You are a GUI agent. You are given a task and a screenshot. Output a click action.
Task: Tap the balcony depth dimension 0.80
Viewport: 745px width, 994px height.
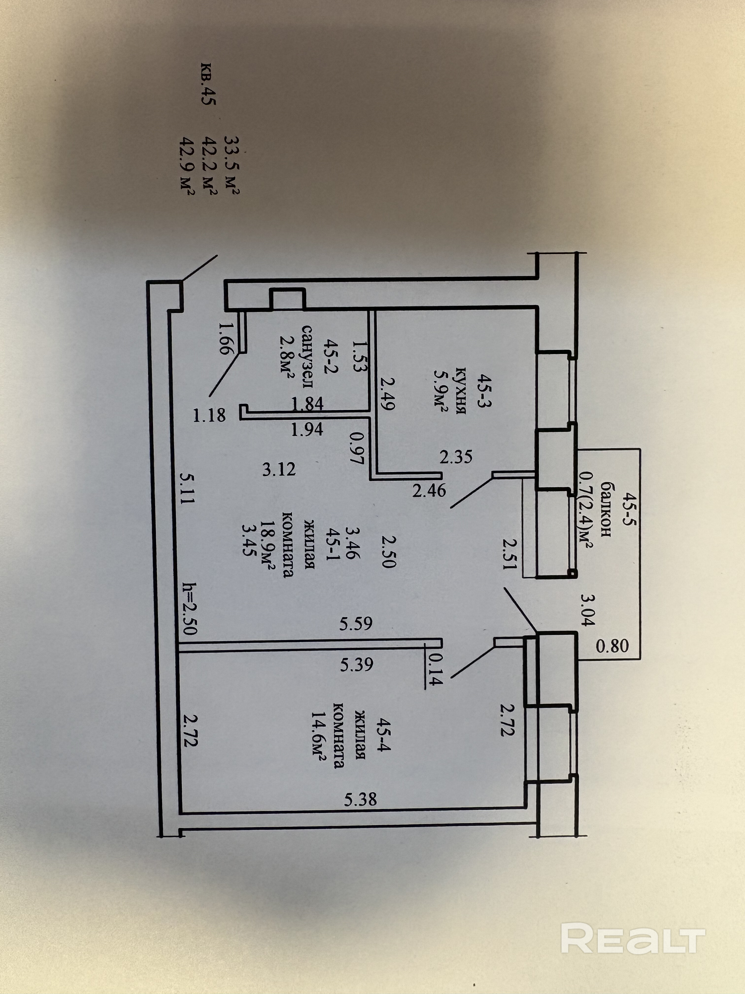[612, 646]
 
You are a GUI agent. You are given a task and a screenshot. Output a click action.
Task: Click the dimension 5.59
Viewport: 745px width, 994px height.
[356, 624]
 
